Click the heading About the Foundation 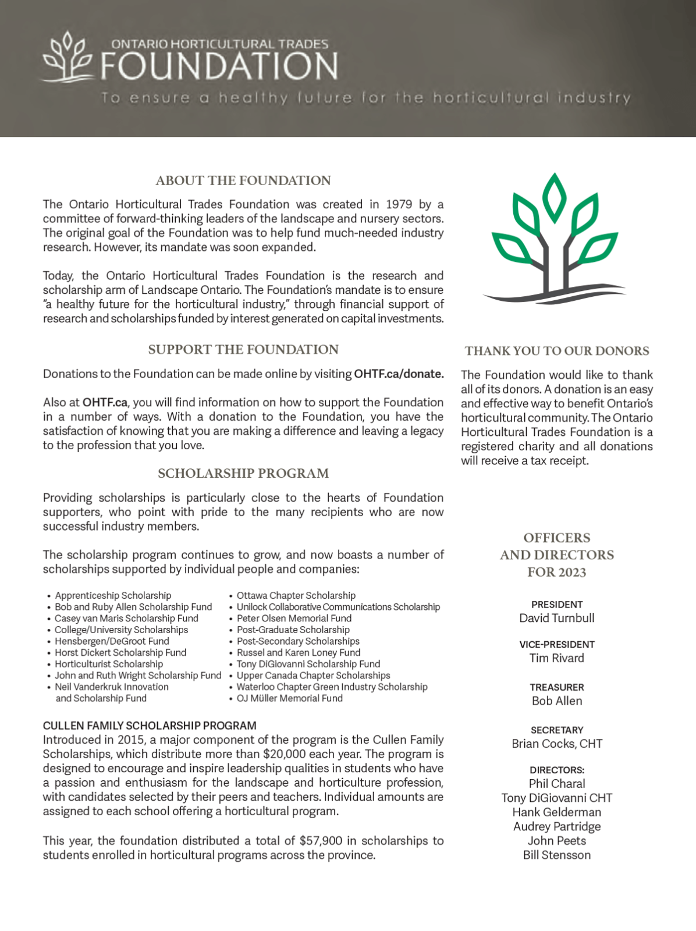pos(243,180)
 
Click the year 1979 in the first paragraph pos(399,204)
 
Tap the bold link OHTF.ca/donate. pos(399,374)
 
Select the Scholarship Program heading pos(243,474)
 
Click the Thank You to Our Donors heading pos(557,351)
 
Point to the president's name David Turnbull pos(557,618)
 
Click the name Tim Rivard pos(557,658)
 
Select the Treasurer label pos(557,687)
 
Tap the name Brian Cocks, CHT pos(557,744)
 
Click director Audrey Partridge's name pos(557,826)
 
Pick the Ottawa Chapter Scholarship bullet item pos(296,595)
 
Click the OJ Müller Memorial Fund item pos(289,698)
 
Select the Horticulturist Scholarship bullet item pos(109,664)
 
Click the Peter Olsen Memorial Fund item pos(294,618)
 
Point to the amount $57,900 pos(321,841)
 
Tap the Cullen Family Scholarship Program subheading pos(150,726)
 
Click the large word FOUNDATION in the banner pos(219,66)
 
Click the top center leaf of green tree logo pos(555,197)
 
